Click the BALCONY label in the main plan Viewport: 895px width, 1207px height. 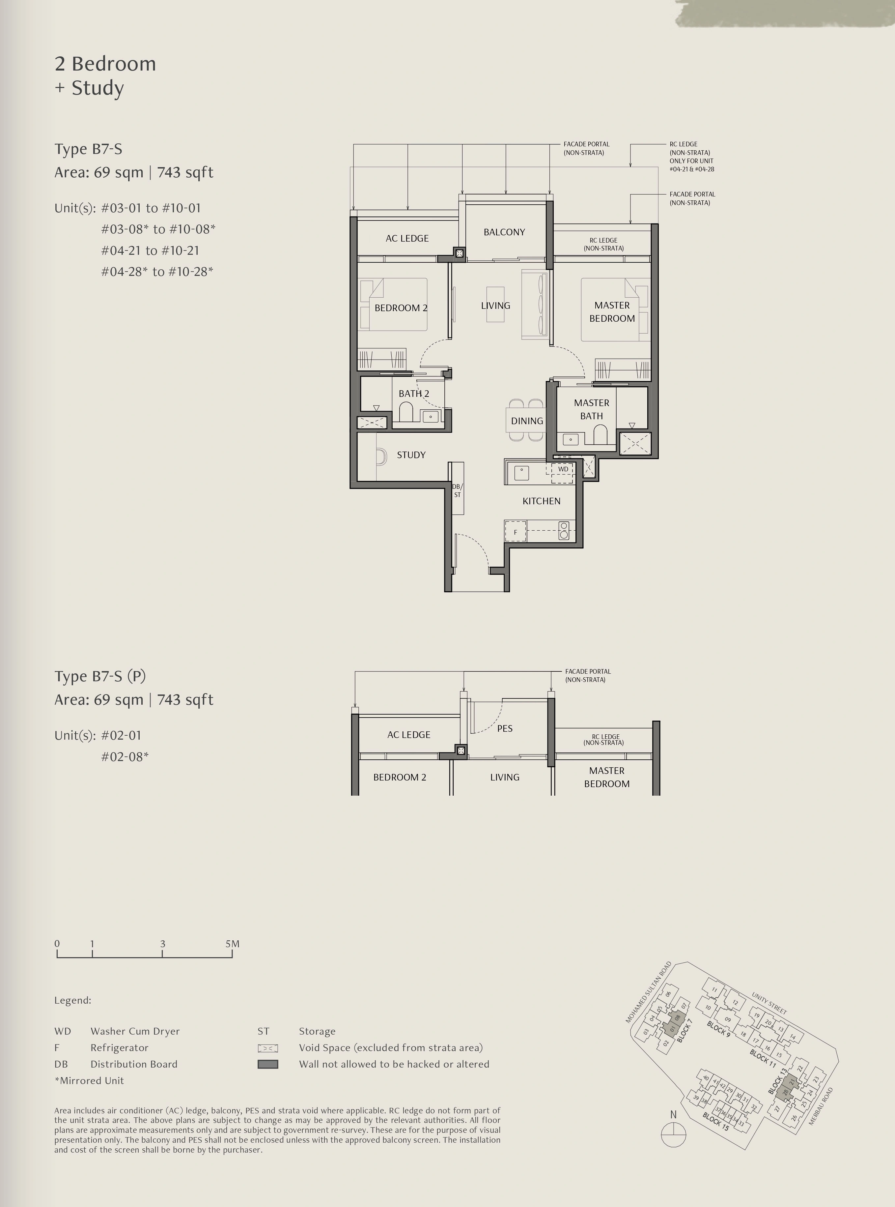pyautogui.click(x=504, y=232)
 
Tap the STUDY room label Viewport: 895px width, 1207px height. pyautogui.click(x=411, y=455)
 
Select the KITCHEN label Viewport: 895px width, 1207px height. pyautogui.click(x=541, y=501)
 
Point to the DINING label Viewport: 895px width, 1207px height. pyautogui.click(x=527, y=421)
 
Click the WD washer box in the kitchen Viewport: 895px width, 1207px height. pyautogui.click(x=563, y=469)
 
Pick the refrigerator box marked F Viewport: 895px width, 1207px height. pyautogui.click(x=515, y=532)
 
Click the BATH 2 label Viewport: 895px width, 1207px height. pyautogui.click(x=414, y=394)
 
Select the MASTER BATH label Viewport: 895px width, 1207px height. pyautogui.click(x=592, y=409)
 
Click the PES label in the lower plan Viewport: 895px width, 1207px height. pyautogui.click(x=504, y=728)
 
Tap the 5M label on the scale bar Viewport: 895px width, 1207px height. pyautogui.click(x=233, y=944)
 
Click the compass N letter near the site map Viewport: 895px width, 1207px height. pyautogui.click(x=673, y=1114)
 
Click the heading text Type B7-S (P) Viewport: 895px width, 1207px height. pyautogui.click(x=100, y=676)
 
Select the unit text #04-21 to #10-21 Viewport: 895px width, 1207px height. pyautogui.click(x=150, y=250)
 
